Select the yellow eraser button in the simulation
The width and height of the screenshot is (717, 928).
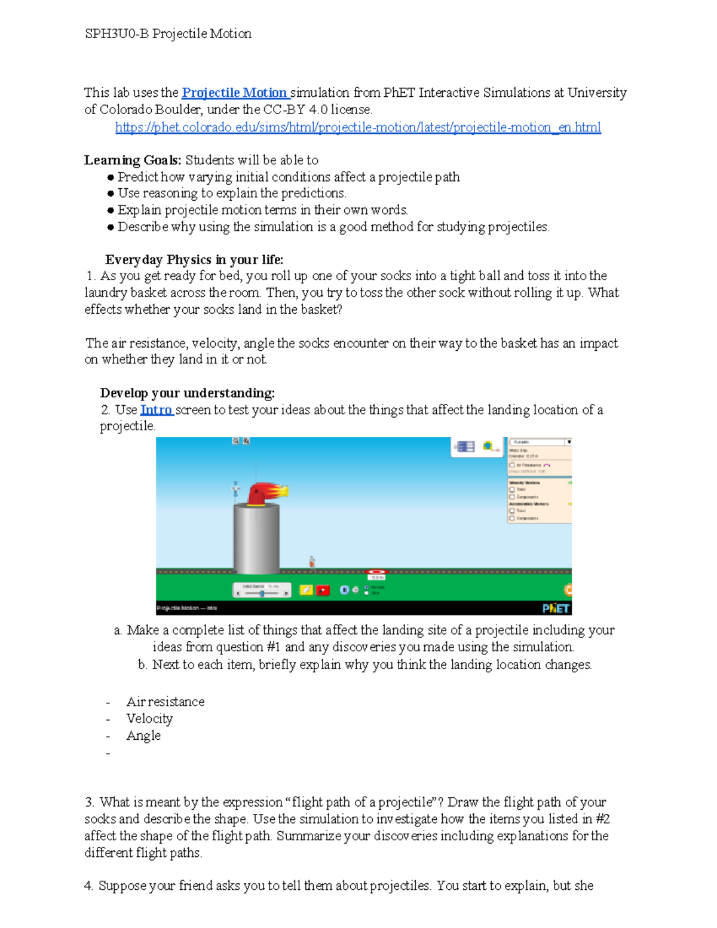pos(306,590)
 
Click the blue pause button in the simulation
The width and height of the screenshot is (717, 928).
pos(344,590)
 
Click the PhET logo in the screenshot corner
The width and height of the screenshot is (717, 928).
pos(556,608)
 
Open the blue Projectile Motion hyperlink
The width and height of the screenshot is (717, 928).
pos(235,93)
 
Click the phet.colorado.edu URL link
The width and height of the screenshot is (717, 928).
pos(358,127)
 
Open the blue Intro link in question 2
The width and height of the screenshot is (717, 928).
pos(157,410)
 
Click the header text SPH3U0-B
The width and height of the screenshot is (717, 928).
pos(117,34)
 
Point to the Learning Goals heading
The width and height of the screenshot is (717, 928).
pos(132,160)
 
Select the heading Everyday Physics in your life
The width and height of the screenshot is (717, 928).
pos(194,260)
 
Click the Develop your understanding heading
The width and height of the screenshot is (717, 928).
pos(187,393)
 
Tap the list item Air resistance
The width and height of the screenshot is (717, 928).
pos(166,702)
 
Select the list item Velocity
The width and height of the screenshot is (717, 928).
pos(149,719)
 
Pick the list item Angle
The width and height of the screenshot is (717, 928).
pos(143,736)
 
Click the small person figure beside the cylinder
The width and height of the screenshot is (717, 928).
pos(312,562)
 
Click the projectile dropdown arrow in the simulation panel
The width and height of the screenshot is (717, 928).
pos(569,442)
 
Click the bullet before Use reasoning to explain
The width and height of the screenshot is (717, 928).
pos(110,194)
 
